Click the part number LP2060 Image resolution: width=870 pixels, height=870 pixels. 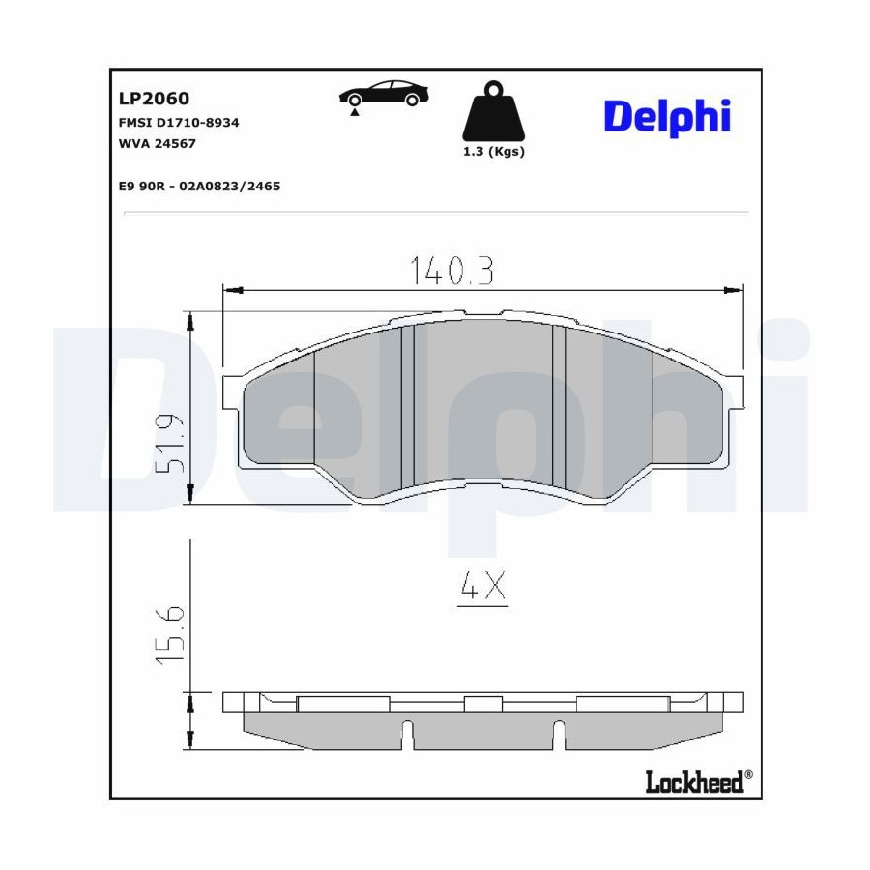[154, 99]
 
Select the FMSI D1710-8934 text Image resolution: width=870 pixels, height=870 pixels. [179, 122]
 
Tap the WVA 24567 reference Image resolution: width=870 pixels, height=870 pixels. [157, 143]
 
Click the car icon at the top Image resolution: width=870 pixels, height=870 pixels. [384, 93]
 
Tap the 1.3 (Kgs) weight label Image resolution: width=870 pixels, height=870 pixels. [494, 151]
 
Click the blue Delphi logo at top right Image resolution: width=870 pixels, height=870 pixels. [667, 117]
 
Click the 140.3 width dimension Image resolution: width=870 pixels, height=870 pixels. [451, 271]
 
